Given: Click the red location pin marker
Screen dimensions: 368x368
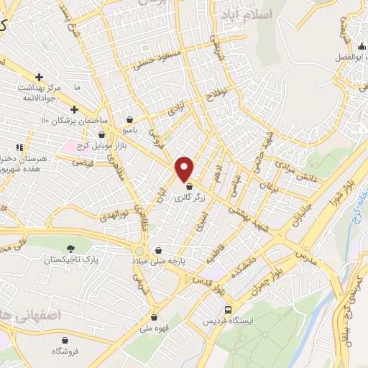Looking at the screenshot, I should point(185,169).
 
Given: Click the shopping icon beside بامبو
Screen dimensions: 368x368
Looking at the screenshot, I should point(129,120).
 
